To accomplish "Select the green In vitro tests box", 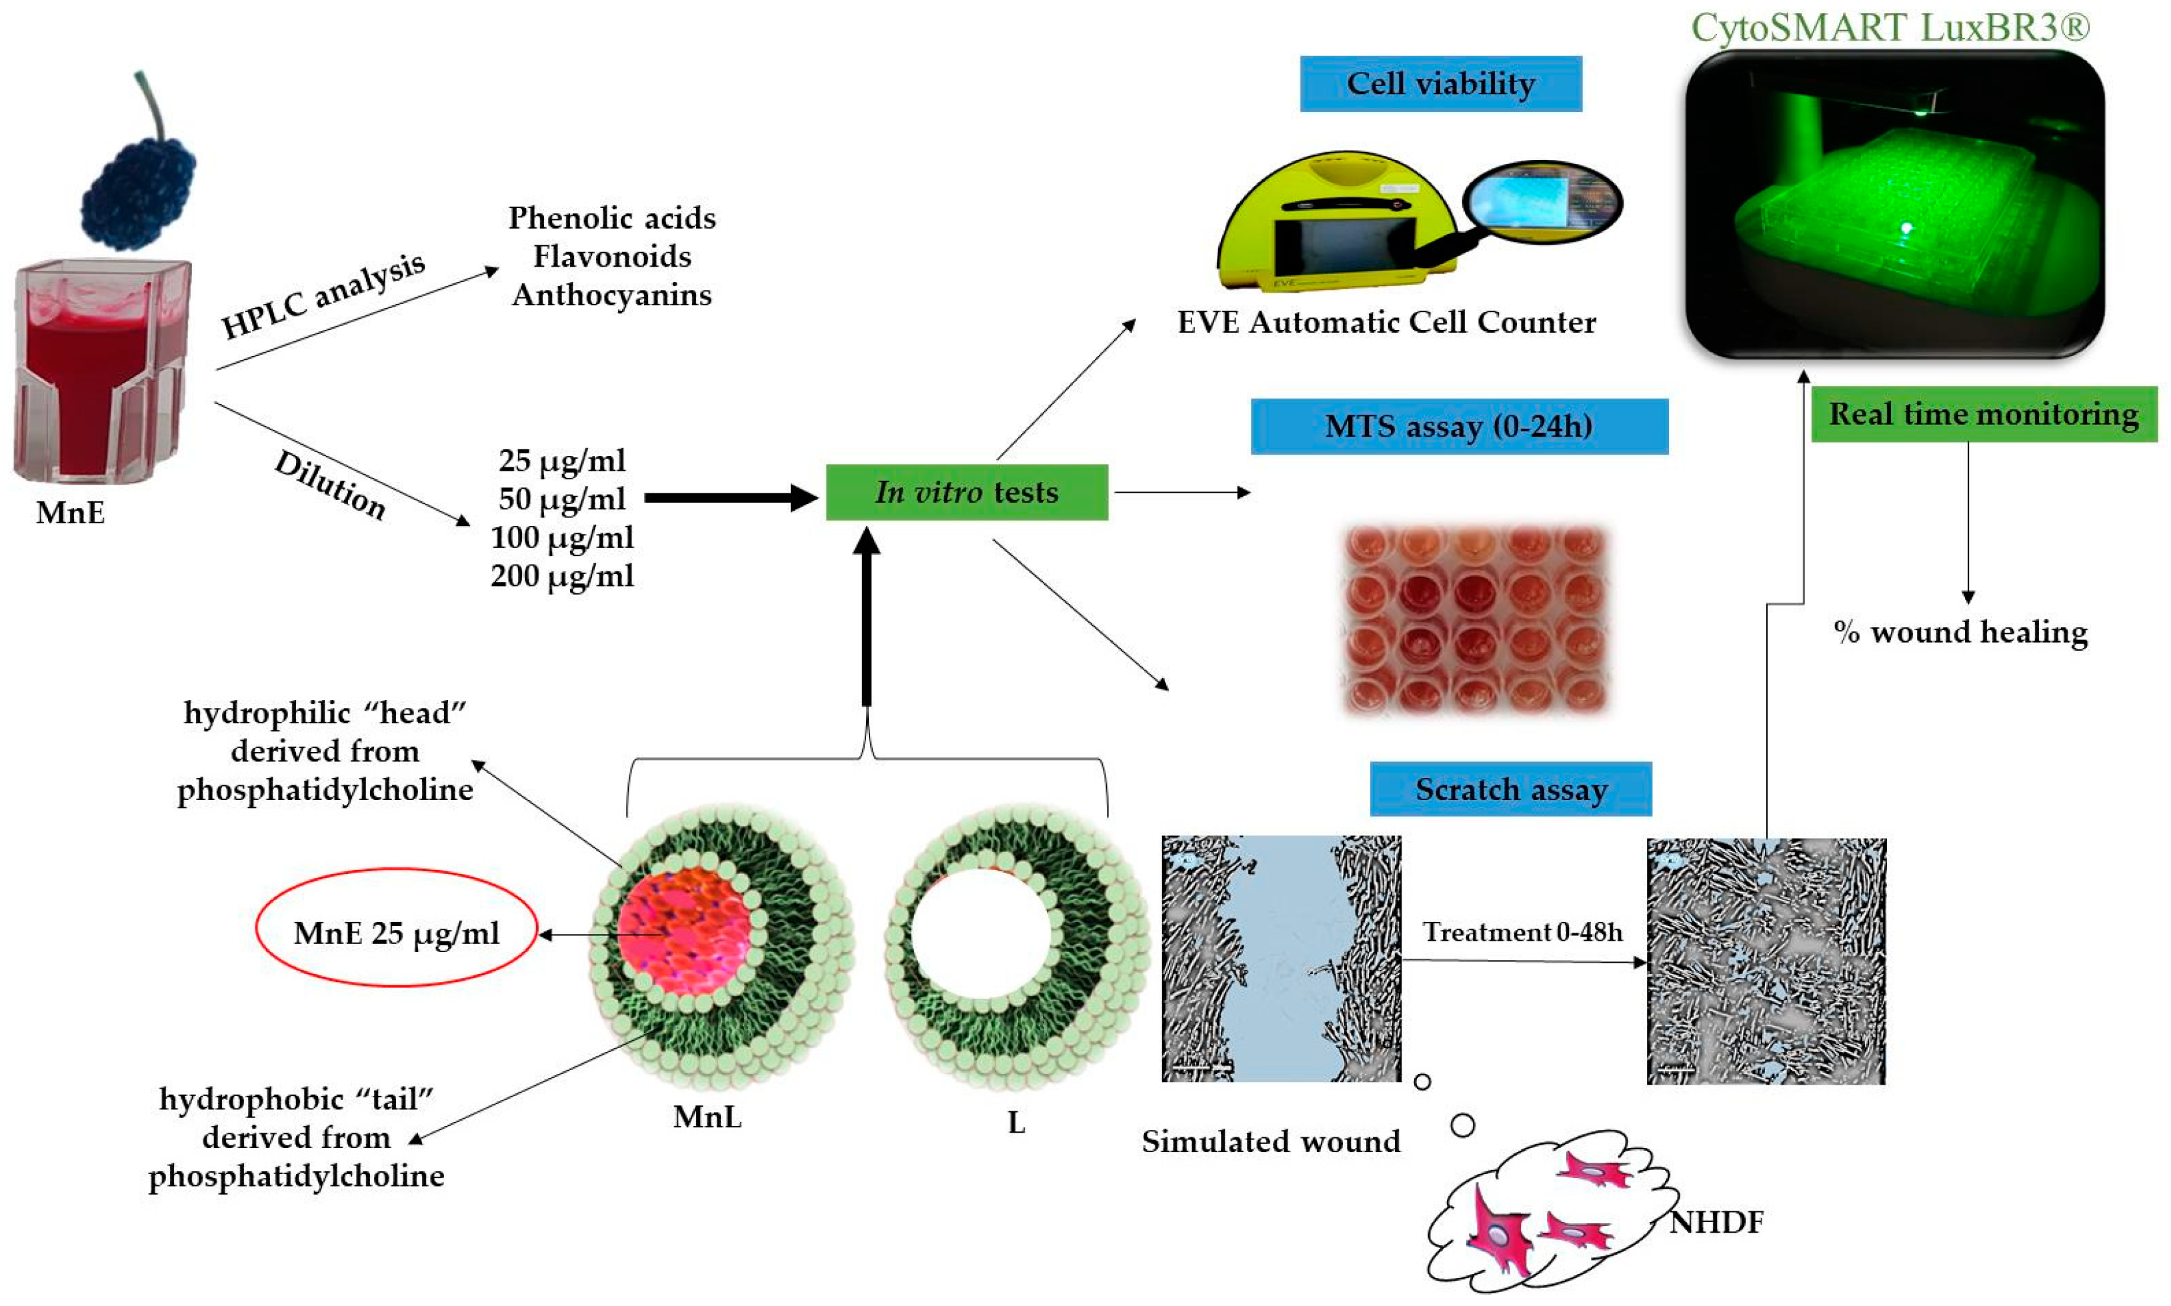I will point(965,492).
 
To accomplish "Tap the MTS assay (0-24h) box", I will point(1458,426).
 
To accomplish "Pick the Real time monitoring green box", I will point(1983,413).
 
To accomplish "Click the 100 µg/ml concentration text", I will point(561,537).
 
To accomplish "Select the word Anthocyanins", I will point(611,295).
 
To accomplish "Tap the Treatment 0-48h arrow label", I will point(1522,932).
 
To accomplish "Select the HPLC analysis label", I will point(322,295).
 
